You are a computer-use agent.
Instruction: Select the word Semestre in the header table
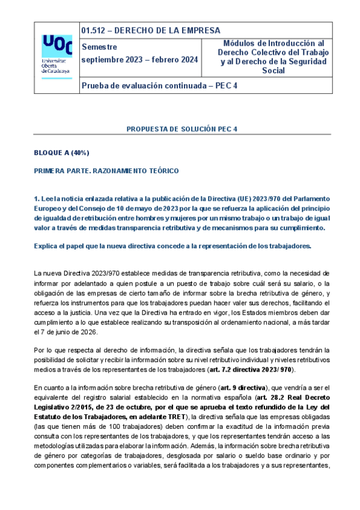coord(99,47)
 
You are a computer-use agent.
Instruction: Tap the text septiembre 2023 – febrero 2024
coord(139,60)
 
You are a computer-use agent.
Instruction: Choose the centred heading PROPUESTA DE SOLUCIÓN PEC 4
coord(182,129)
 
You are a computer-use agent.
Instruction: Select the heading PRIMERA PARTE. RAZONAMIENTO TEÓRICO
coord(106,171)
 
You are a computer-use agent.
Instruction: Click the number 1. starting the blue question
coord(37,198)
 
